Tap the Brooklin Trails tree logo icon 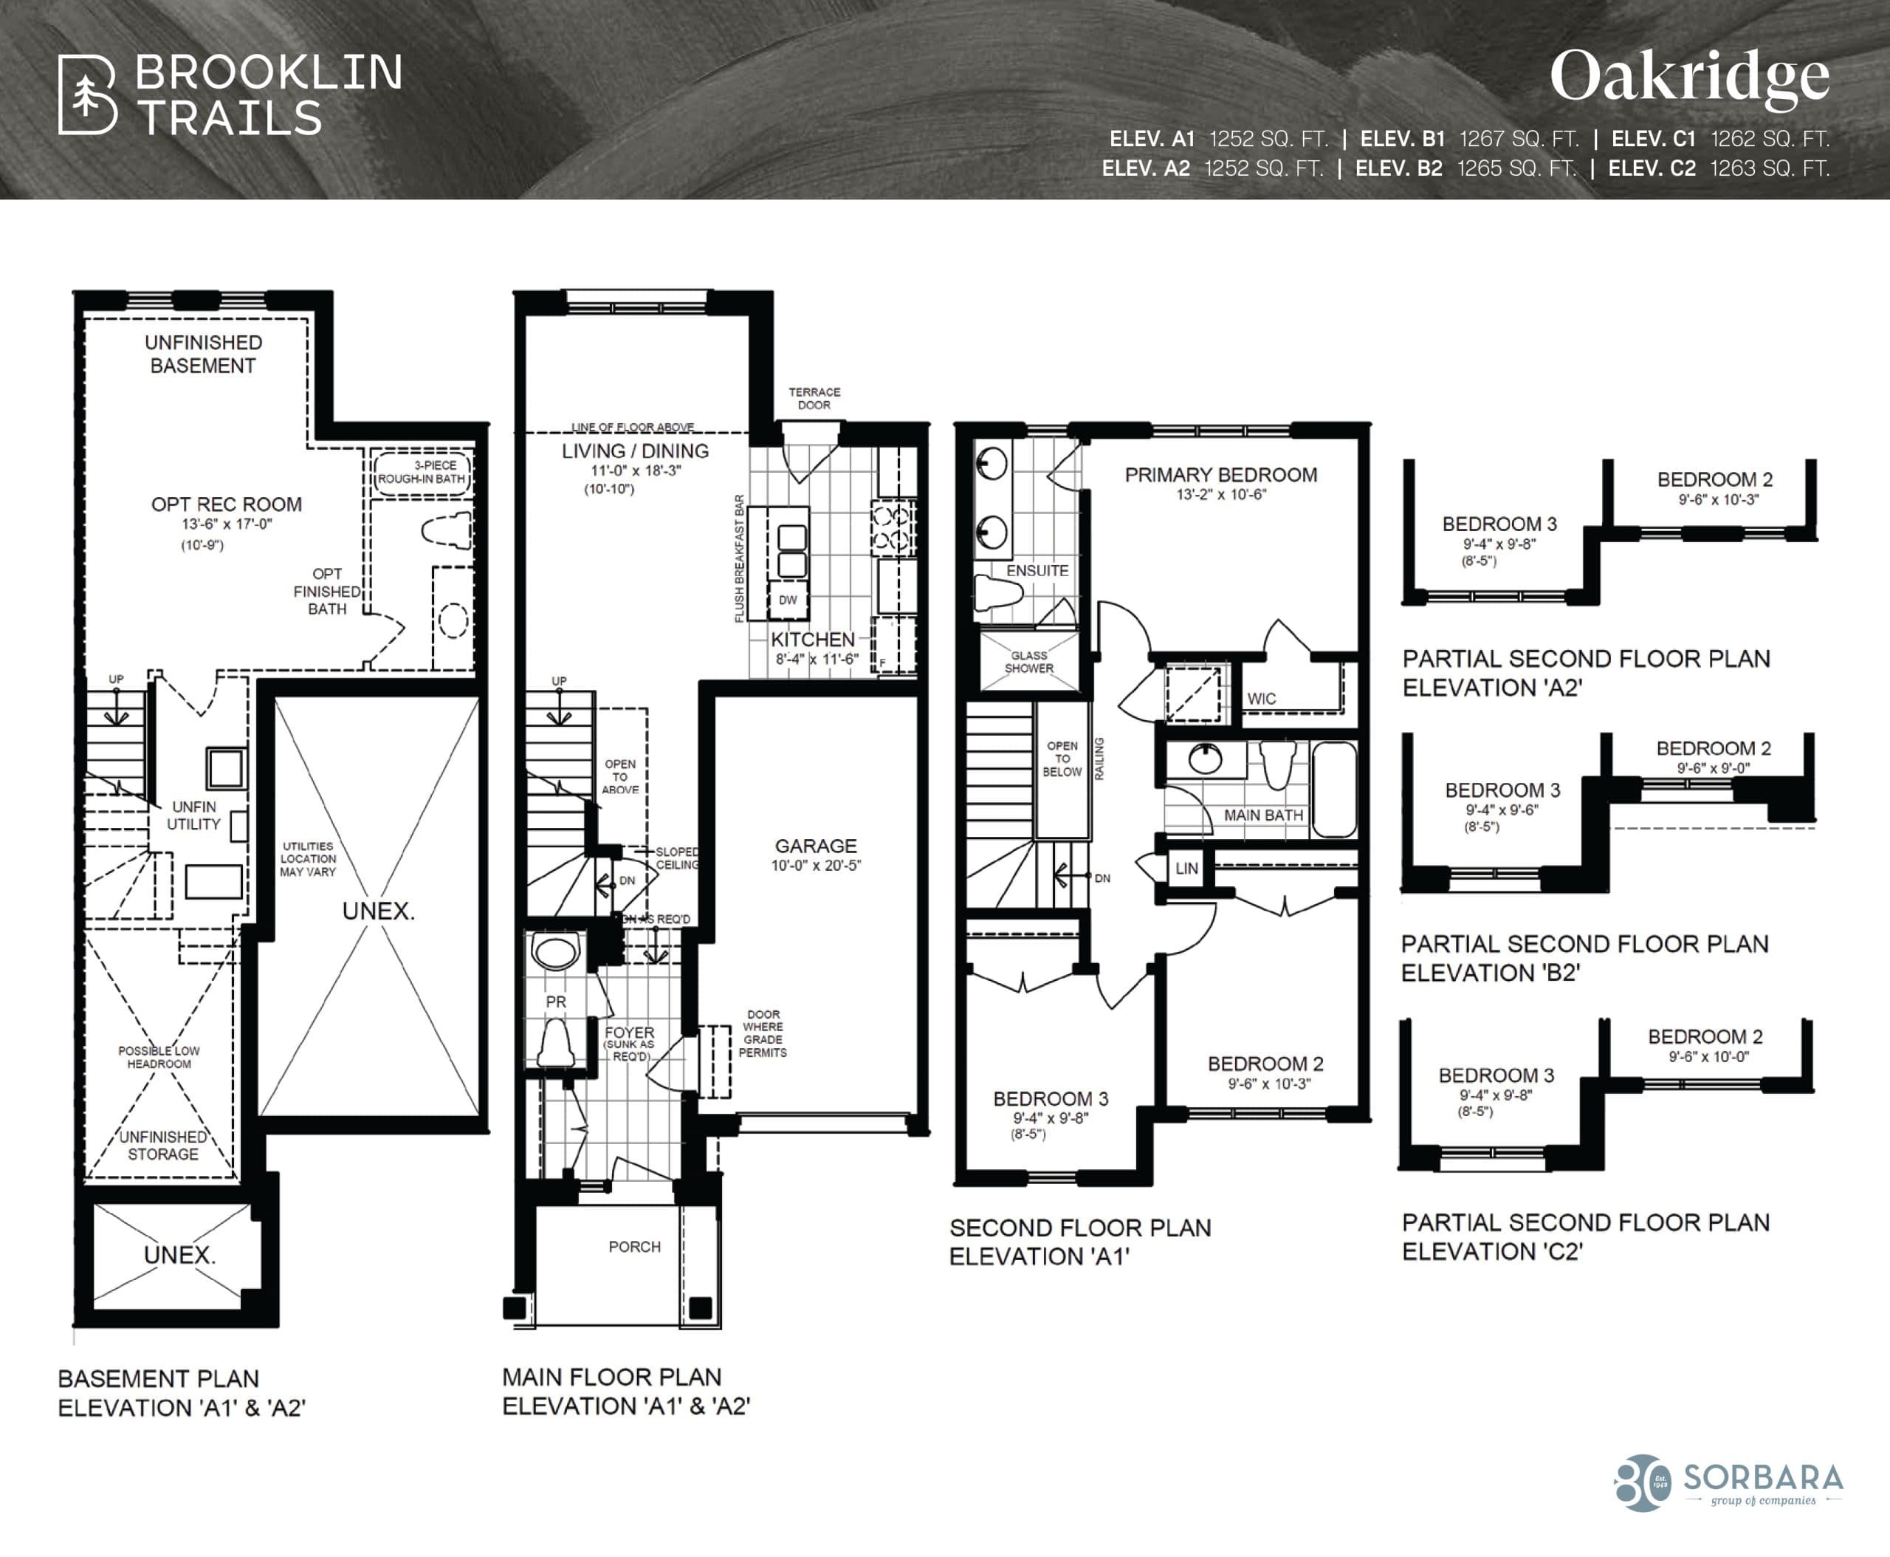click(87, 95)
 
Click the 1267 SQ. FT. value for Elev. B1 click(1519, 139)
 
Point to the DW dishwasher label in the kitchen click(787, 600)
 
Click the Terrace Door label click(814, 398)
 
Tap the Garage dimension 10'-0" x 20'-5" click(815, 866)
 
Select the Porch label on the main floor click(634, 1247)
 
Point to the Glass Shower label click(1028, 662)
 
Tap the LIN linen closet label click(1186, 868)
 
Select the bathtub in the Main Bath click(1334, 790)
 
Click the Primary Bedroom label click(1220, 474)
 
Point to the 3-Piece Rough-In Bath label click(422, 472)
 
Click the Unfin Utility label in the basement click(193, 815)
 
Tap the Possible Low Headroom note click(159, 1056)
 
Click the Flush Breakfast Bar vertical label click(740, 558)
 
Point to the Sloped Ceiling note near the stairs click(676, 858)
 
